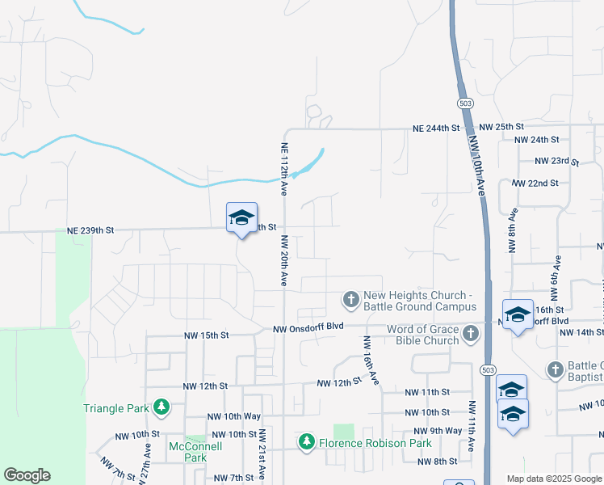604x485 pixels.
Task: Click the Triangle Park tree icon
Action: pos(161,407)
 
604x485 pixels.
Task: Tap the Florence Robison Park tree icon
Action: pos(306,442)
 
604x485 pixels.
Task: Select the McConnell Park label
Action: pos(190,452)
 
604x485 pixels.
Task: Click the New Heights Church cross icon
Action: pos(350,301)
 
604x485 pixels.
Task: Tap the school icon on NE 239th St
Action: pos(241,218)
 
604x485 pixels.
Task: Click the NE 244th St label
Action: pos(436,129)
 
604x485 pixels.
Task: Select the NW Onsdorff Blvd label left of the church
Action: pos(308,328)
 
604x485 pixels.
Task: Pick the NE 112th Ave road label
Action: pos(284,169)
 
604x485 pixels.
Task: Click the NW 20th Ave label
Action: pos(284,260)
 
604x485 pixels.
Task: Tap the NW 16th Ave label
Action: pos(371,361)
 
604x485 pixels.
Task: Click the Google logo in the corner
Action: pos(27,475)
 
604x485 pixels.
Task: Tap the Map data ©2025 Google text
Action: pos(552,479)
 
